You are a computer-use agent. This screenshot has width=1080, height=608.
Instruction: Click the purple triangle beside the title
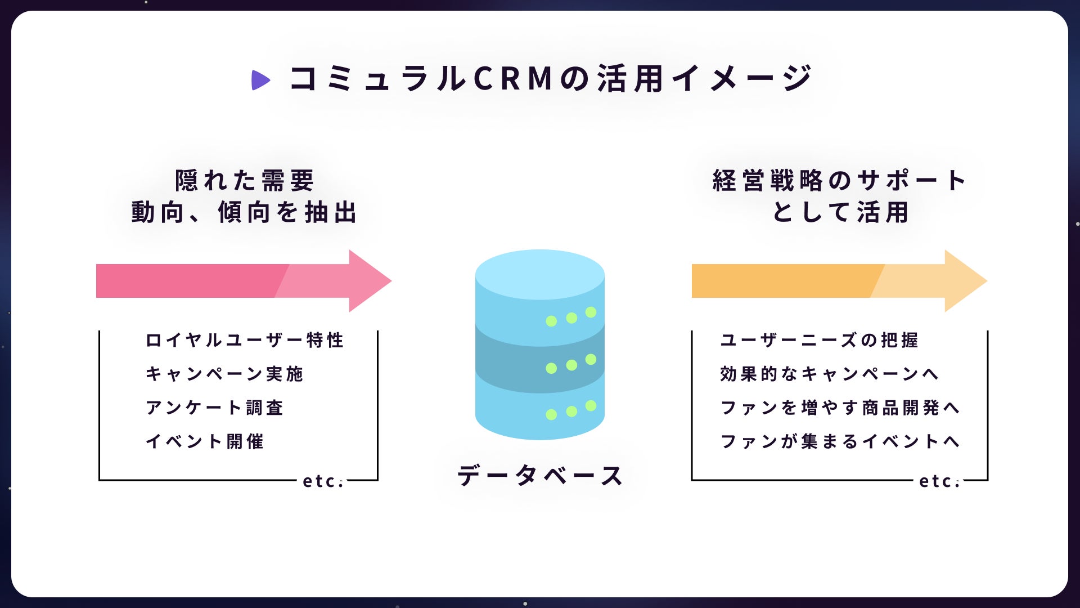[x=260, y=80]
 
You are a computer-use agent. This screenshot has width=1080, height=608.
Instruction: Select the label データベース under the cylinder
[x=540, y=476]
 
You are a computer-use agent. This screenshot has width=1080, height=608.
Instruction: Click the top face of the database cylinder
[x=540, y=275]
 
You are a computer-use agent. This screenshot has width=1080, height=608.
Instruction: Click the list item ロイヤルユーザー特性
[x=245, y=340]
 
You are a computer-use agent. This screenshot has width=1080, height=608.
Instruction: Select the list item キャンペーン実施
[x=224, y=374]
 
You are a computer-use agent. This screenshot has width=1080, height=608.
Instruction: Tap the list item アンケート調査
[x=214, y=408]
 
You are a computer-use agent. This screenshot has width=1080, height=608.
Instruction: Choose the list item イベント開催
[x=205, y=441]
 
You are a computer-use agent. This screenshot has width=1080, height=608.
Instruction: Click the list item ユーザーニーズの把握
[x=820, y=340]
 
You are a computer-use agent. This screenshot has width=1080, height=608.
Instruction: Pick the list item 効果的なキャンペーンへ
[x=830, y=374]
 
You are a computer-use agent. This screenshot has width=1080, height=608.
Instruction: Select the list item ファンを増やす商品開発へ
[x=840, y=408]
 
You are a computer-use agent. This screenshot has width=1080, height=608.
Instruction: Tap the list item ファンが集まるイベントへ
[x=840, y=441]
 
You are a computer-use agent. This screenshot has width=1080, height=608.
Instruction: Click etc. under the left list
[x=323, y=481]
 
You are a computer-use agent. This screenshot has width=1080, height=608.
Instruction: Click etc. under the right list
[x=939, y=481]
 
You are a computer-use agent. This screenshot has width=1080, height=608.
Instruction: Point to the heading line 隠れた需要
[x=245, y=181]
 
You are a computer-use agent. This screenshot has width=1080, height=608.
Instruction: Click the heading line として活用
[x=840, y=212]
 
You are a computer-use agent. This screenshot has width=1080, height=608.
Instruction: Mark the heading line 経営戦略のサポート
[x=840, y=181]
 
